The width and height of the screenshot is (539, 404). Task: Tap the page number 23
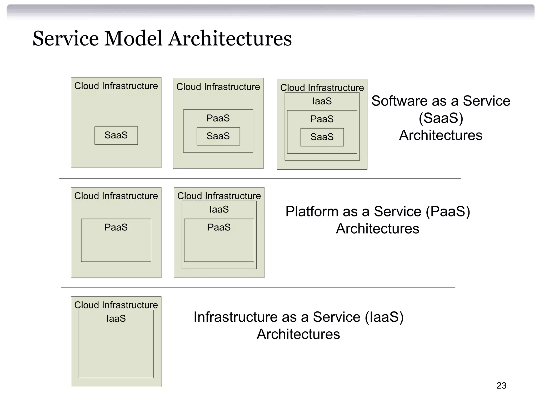point(501,386)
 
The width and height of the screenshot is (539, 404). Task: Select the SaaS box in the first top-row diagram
point(116,135)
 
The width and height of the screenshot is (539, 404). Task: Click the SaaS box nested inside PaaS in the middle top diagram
point(218,136)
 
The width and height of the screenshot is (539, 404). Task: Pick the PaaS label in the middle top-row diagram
point(218,118)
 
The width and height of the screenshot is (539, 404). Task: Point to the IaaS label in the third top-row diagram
point(322,101)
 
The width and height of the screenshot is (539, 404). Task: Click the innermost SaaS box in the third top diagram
point(322,137)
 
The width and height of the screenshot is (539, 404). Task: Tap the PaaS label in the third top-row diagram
point(322,119)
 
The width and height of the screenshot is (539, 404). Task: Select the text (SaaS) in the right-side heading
point(441,118)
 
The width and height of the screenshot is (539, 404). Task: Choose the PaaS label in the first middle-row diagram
point(116,227)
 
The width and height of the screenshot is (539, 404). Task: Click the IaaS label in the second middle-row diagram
point(219,209)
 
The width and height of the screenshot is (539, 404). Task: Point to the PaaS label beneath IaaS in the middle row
point(219,227)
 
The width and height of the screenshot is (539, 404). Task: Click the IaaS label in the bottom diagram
point(116,319)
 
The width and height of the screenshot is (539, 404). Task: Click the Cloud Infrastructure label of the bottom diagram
point(116,305)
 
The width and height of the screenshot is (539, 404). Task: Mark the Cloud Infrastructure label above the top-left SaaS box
point(116,86)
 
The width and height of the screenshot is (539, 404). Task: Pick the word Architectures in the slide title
point(230,39)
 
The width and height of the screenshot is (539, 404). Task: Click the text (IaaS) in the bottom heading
point(384,317)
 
